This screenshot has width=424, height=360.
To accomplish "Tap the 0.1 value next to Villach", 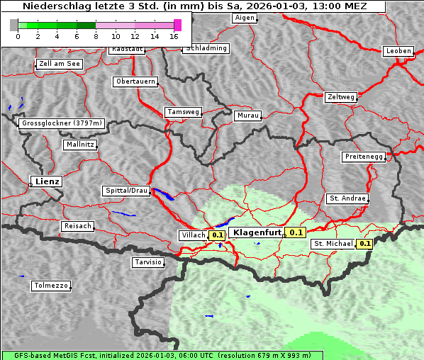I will (x=218, y=235).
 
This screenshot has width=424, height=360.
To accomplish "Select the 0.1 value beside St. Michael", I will (x=364, y=244).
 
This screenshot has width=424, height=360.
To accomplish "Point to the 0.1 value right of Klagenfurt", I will (x=296, y=232).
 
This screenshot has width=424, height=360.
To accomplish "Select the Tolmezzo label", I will (x=51, y=286).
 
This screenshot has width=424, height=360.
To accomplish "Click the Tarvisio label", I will (x=148, y=262).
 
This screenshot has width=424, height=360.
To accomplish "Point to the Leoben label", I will (x=398, y=51).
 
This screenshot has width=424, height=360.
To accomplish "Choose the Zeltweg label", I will (x=341, y=96).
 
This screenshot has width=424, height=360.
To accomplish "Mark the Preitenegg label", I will (x=364, y=157).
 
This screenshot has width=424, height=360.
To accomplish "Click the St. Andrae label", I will (x=347, y=198).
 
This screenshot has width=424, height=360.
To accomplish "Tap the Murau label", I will (x=248, y=115).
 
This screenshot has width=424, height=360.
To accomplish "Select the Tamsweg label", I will (x=184, y=112).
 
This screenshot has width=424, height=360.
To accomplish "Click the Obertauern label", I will (x=135, y=81).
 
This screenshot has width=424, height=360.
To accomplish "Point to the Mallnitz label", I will (x=79, y=145).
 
